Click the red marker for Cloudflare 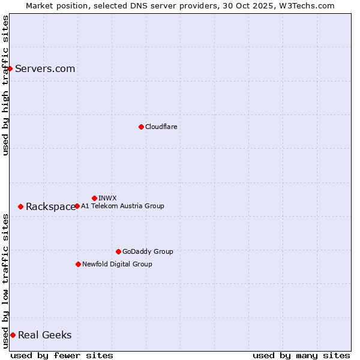(141, 127)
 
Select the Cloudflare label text (161, 127)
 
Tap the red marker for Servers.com (10, 68)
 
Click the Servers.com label (45, 68)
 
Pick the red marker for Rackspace (20, 206)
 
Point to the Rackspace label (50, 206)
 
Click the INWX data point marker (94, 198)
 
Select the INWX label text (107, 198)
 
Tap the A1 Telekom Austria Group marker (77, 206)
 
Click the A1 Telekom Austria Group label (122, 206)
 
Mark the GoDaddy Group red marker (118, 251)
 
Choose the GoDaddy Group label (148, 251)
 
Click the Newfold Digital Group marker (78, 264)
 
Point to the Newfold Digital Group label (117, 264)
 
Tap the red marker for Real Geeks (13, 335)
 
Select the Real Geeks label (44, 335)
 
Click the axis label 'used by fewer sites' (62, 355)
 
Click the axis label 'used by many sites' (301, 355)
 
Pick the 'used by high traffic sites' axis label (5, 85)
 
